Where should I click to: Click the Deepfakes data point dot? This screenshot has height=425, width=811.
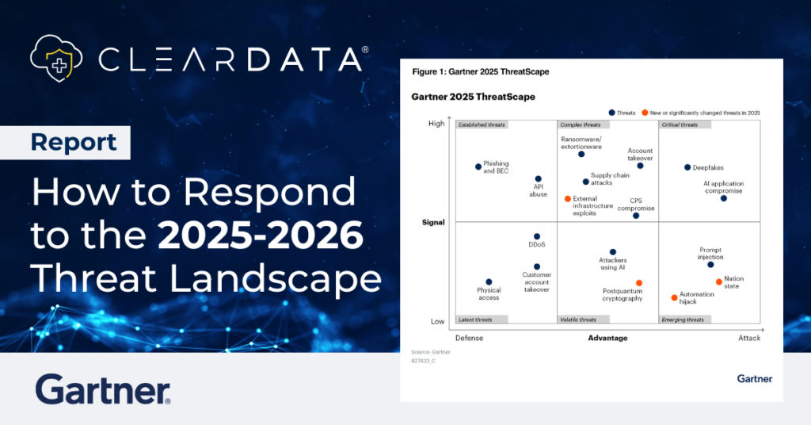[687, 167]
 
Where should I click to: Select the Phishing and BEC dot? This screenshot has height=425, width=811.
[478, 167]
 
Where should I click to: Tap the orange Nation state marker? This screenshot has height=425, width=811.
[719, 281]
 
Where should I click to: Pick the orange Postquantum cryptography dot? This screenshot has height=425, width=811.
[639, 283]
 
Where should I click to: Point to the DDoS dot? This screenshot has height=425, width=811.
[537, 236]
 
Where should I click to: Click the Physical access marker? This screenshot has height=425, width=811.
[489, 281]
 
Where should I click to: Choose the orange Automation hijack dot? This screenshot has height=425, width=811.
[675, 297]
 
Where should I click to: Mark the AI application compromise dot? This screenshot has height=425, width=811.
[724, 198]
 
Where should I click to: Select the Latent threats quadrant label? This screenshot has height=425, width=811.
[475, 320]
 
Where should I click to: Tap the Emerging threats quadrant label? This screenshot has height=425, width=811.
[682, 320]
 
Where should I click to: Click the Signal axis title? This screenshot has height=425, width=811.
[433, 223]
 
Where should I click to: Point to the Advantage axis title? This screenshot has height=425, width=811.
[607, 338]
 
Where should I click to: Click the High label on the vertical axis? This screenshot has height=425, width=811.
[436, 123]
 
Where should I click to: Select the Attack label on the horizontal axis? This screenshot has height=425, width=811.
[748, 338]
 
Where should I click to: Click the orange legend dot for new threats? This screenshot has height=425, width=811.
[645, 113]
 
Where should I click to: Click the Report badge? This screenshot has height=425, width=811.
[74, 143]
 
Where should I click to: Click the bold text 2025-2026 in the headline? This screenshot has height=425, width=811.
[261, 235]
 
